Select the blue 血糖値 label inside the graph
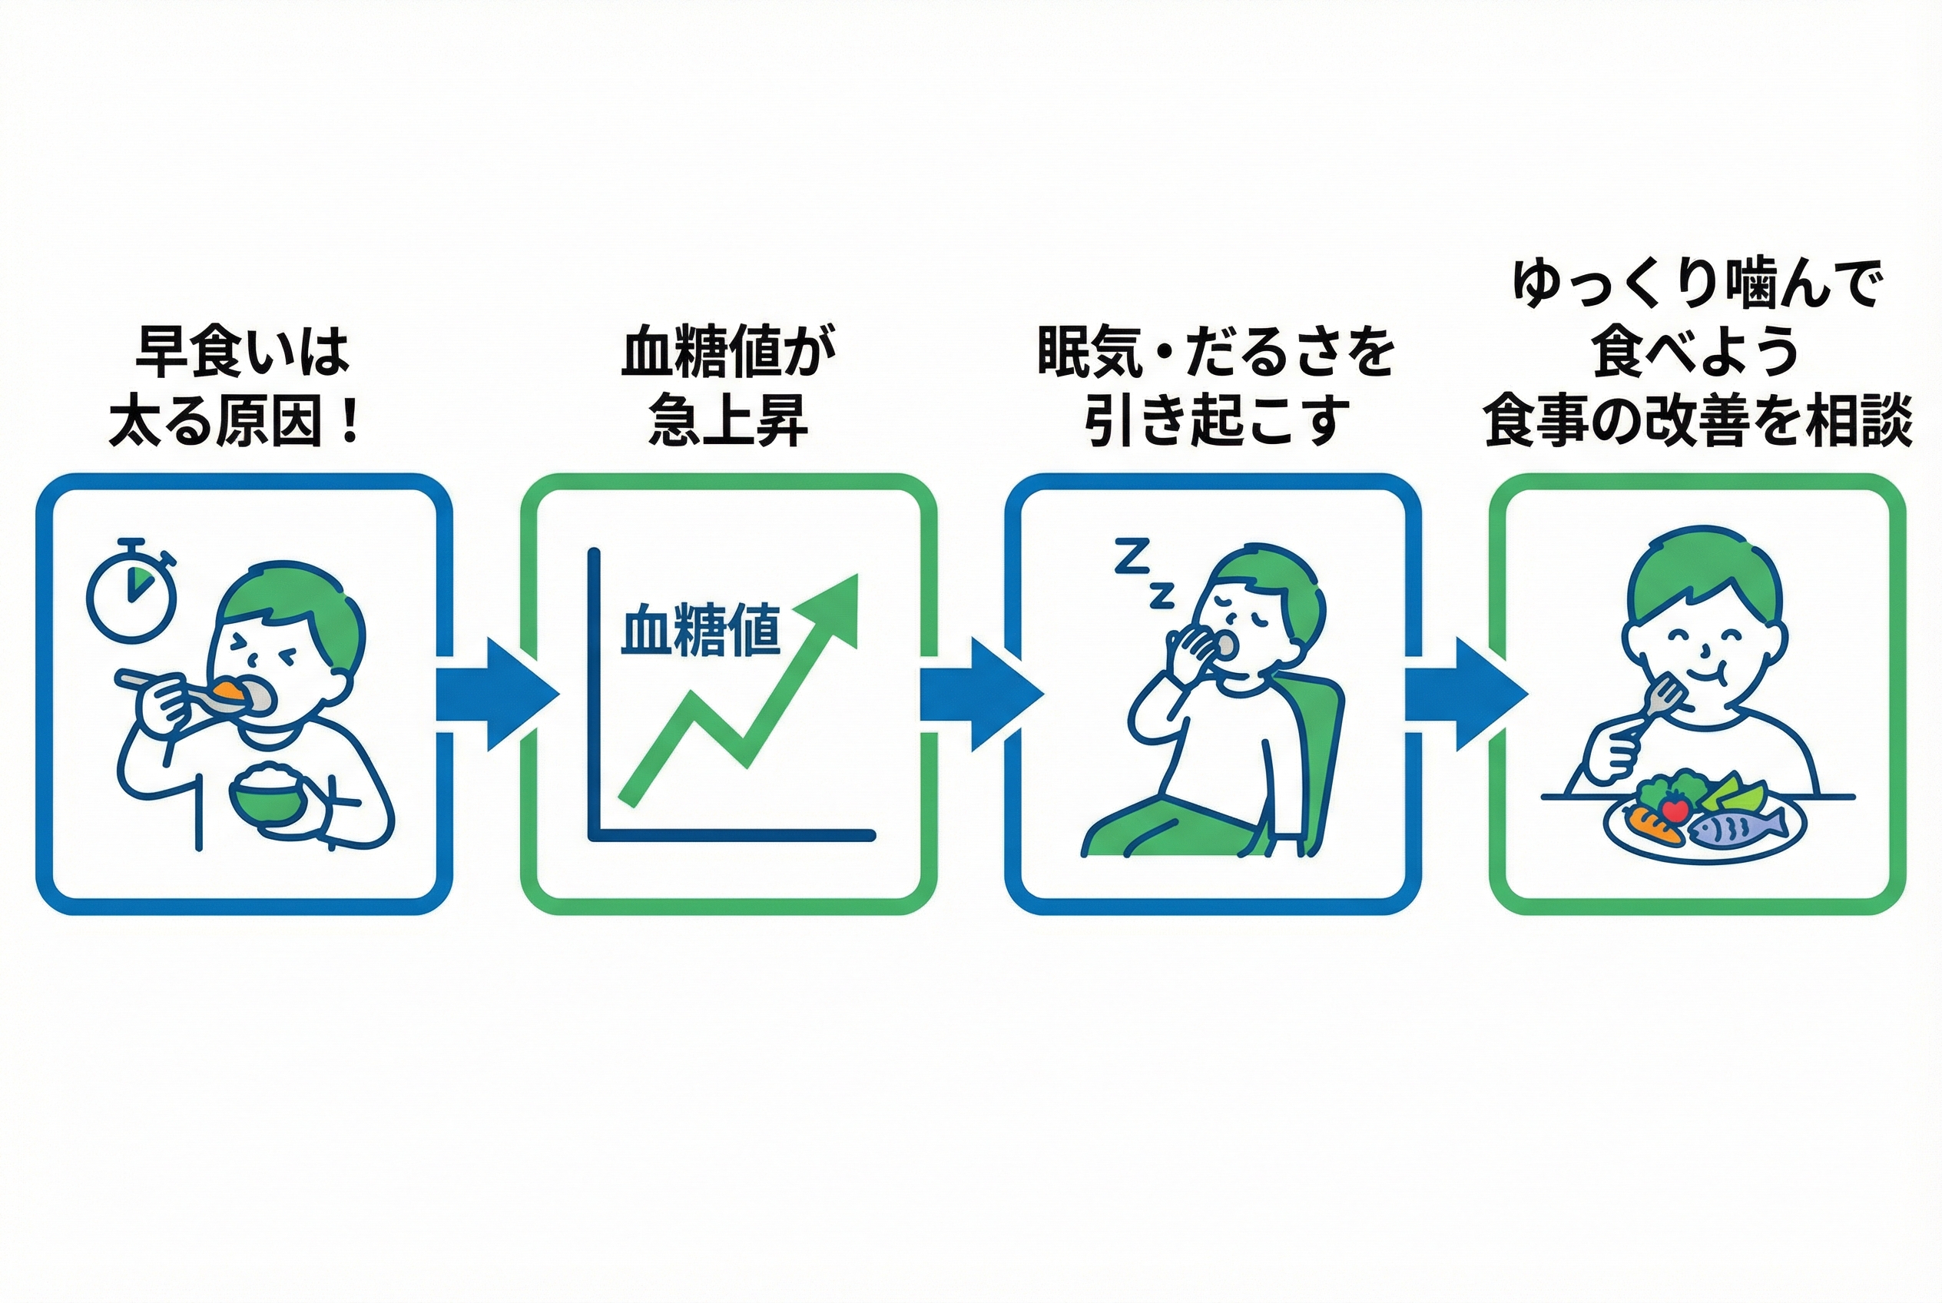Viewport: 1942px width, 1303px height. (x=701, y=632)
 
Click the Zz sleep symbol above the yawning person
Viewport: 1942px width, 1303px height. (x=1143, y=572)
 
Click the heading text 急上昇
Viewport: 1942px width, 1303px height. (x=727, y=422)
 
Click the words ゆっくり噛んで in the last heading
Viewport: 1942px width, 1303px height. (x=1695, y=284)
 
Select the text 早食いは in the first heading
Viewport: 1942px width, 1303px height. (x=242, y=353)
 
